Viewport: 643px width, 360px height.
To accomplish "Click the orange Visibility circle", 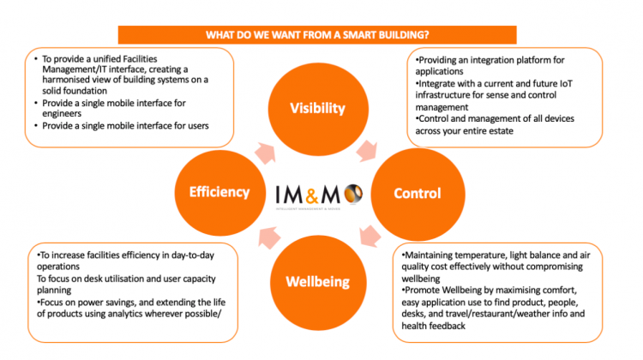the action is click(x=318, y=109).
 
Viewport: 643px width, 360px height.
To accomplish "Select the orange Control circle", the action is click(x=418, y=194).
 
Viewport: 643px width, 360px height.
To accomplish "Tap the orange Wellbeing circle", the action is click(x=318, y=283).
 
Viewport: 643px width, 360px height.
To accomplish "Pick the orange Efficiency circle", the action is click(x=219, y=193).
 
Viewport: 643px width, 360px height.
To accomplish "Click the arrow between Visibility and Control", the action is click(x=367, y=151).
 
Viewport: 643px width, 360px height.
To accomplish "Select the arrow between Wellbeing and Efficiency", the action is click(x=269, y=237).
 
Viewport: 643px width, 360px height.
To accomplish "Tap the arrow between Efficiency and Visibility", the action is click(x=265, y=153).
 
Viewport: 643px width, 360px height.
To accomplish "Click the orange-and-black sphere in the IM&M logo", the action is click(x=353, y=194).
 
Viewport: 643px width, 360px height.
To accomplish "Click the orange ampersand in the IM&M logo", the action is click(x=312, y=195).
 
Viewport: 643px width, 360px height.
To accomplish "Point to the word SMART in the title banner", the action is click(x=359, y=35).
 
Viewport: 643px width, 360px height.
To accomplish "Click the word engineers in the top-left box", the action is click(x=62, y=114).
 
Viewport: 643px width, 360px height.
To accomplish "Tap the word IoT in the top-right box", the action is click(x=566, y=84).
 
